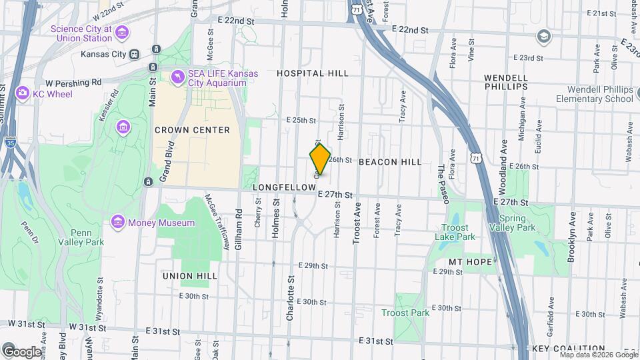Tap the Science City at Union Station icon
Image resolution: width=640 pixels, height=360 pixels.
(122, 33)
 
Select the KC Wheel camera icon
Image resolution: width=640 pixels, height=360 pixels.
(22, 93)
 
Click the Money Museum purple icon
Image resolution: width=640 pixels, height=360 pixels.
(119, 221)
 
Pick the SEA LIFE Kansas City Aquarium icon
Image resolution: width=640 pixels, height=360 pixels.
(177, 78)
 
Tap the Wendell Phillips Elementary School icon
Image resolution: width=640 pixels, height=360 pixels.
(543, 35)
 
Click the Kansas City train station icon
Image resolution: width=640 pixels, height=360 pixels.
(134, 54)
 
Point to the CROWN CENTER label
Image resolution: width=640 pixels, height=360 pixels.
(192, 130)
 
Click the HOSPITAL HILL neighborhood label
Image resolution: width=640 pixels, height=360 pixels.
(313, 73)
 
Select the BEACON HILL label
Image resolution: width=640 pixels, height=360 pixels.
(390, 162)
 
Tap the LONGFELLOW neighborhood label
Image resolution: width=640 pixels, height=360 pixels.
(283, 188)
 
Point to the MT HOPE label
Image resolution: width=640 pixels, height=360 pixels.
(465, 261)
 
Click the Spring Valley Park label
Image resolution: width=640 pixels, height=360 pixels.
(517, 223)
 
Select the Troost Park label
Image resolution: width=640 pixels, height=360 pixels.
(405, 313)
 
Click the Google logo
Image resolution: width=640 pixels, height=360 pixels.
(22, 351)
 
